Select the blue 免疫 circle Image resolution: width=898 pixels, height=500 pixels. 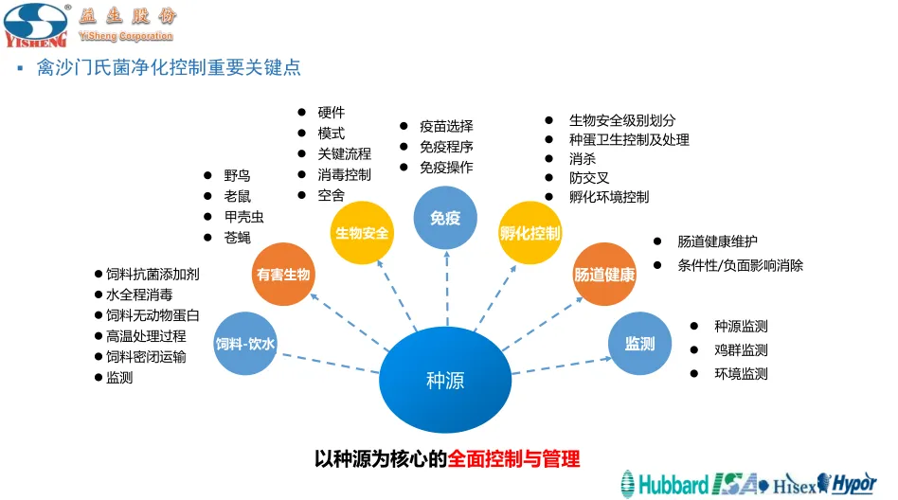tap(445, 218)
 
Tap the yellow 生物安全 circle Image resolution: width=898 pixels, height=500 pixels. tap(362, 232)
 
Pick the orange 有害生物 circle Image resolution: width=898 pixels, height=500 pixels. tap(282, 275)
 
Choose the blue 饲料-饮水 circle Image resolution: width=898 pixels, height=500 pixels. tap(244, 344)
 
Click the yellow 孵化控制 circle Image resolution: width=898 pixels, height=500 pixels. tap(530, 232)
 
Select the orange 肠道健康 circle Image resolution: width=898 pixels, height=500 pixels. tap(604, 275)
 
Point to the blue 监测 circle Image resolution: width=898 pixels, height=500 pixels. tap(639, 344)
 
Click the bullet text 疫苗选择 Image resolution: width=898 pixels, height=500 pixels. tap(446, 126)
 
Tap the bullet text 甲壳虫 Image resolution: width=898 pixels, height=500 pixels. tap(243, 217)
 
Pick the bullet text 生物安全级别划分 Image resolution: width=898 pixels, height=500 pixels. tap(622, 120)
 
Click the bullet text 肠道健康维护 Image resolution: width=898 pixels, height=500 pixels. tap(717, 242)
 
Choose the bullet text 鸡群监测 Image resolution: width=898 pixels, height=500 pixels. tap(741, 350)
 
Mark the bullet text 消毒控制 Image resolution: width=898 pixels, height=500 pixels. tap(344, 175)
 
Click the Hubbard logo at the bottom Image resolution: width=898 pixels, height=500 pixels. tap(666, 484)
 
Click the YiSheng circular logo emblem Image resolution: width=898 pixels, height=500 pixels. tap(35, 24)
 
